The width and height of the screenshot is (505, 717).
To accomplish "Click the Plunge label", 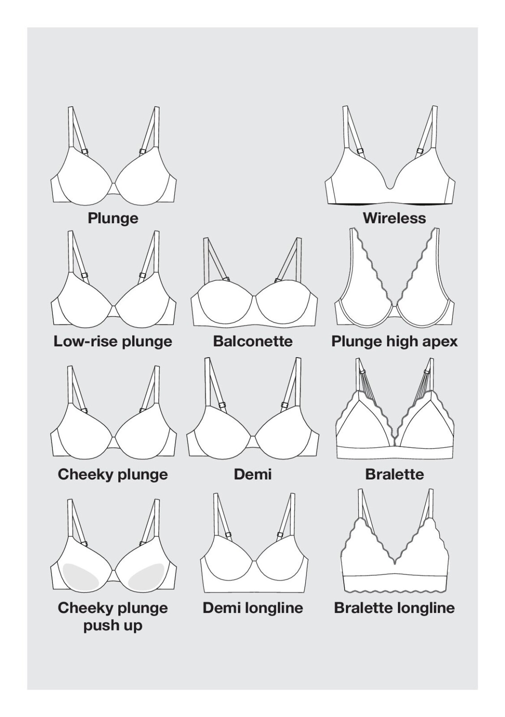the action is coord(113,218).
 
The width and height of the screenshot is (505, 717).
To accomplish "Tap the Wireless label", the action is coord(394,218).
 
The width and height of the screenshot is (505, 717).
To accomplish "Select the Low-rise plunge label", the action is coord(112,341).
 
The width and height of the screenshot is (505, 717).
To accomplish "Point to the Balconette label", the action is coord(253,341).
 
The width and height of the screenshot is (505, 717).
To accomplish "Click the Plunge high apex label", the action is coord(394,342).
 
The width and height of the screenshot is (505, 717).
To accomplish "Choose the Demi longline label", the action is coord(253,608).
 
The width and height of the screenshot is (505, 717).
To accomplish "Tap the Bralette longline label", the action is coord(394,608).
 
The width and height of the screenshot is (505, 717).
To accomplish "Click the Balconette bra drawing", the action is coord(254,307).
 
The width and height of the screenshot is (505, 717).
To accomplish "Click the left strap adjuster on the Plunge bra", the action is coord(85,151).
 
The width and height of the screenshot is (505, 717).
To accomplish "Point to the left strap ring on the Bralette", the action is coord(363,372).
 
